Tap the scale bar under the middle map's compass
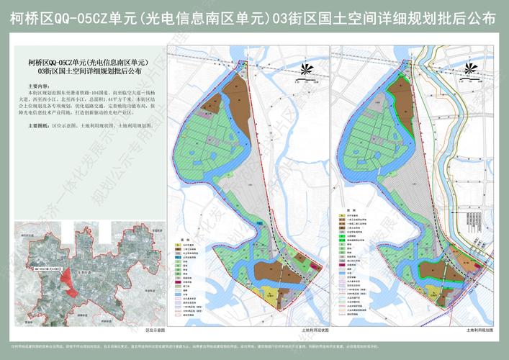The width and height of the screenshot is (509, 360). point(308,82)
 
